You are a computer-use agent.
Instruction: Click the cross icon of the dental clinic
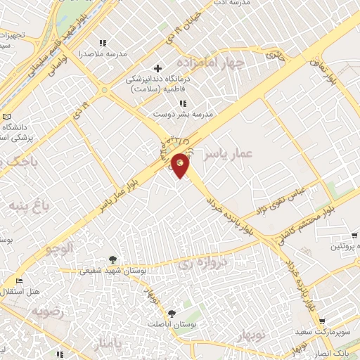tap(157, 69)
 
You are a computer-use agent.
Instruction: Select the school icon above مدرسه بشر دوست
tap(184, 103)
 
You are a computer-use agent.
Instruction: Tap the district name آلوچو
tap(59, 247)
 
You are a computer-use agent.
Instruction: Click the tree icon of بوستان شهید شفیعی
tap(113, 259)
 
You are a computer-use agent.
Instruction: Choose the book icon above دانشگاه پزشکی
tap(6, 116)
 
